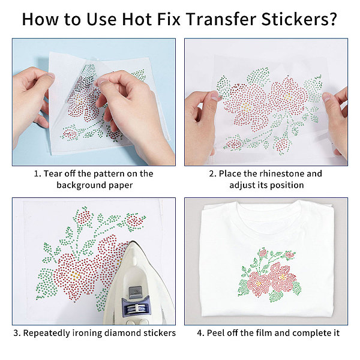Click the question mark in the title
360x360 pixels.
click(x=332, y=19)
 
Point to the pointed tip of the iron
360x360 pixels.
click(x=133, y=242)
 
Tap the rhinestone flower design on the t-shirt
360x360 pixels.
click(x=269, y=275)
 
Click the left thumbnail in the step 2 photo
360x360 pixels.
click(x=215, y=96)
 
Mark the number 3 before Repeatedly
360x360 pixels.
click(x=16, y=333)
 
